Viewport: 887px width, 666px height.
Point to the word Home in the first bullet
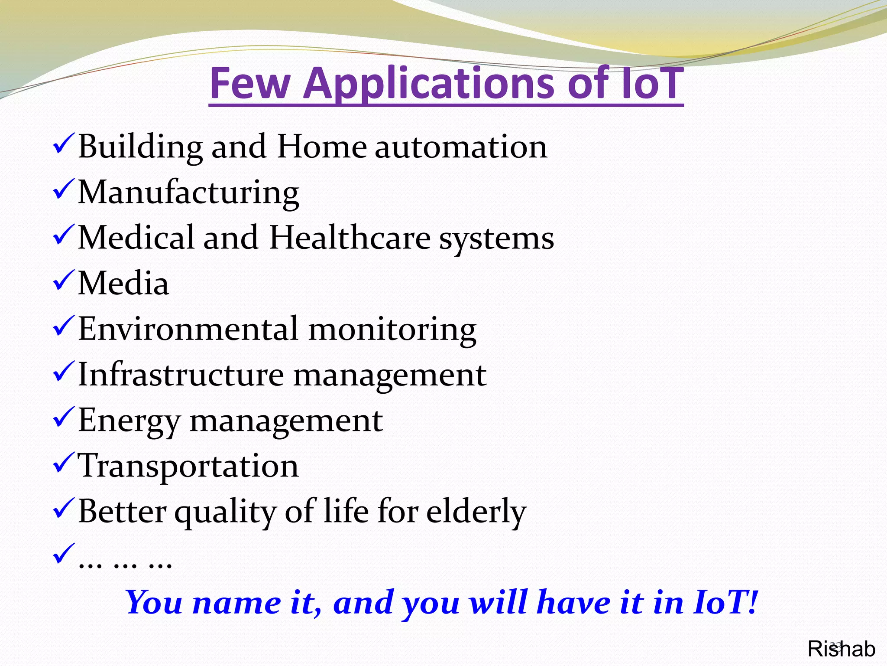pyautogui.click(x=322, y=147)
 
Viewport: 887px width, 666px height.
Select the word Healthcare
pyautogui.click(x=350, y=238)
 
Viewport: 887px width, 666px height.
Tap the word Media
pyautogui.click(x=123, y=283)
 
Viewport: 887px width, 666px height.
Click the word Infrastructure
pyautogui.click(x=181, y=375)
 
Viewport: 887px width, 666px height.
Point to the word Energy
pyautogui.click(x=129, y=421)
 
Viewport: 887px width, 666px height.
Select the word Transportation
pyautogui.click(x=188, y=466)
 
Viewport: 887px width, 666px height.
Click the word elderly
pyautogui.click(x=476, y=511)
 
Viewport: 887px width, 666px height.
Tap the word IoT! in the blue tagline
pyautogui.click(x=725, y=602)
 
